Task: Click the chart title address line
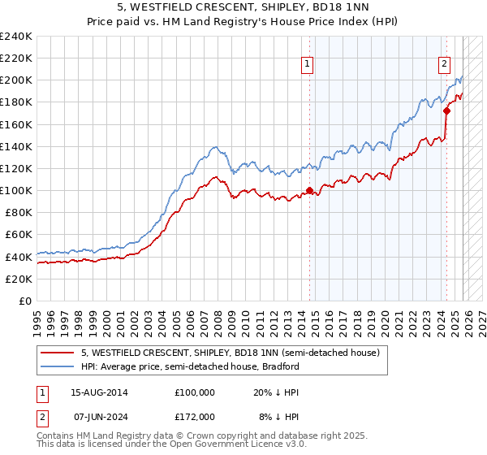pyautogui.click(x=243, y=8)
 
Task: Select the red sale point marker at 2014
pyautogui.click(x=309, y=191)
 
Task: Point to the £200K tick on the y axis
pyautogui.click(x=16, y=80)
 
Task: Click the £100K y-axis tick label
pyautogui.click(x=16, y=190)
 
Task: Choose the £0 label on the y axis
pyautogui.click(x=24, y=301)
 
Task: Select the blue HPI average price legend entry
pyautogui.click(x=191, y=366)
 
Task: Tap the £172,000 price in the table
pyautogui.click(x=195, y=416)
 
